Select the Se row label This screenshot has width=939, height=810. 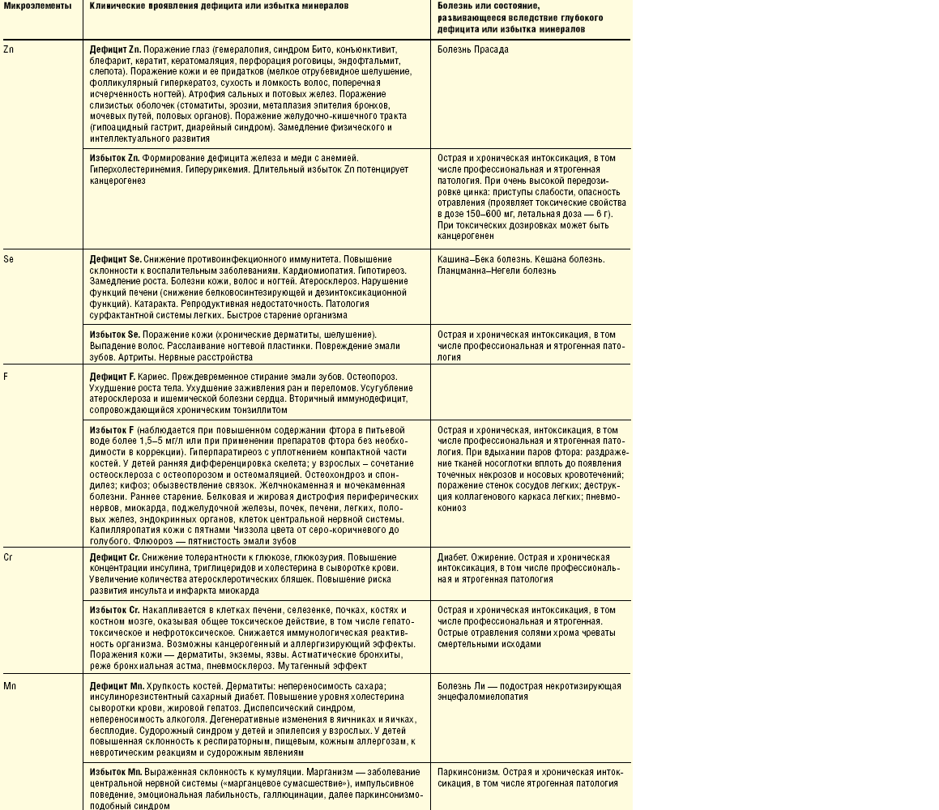[x=8, y=259]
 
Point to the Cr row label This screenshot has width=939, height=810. [x=8, y=558]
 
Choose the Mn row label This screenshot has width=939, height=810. [x=10, y=686]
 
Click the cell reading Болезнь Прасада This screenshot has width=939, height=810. [x=473, y=49]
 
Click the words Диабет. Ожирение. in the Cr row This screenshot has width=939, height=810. [x=472, y=558]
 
